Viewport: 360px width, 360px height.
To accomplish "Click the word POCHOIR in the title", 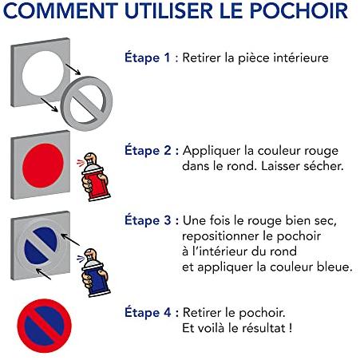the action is [x=299, y=10].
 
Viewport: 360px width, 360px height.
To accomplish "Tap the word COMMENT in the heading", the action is [x=61, y=10].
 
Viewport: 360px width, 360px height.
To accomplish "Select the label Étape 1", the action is [x=147, y=57].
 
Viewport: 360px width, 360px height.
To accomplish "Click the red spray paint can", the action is [x=95, y=177].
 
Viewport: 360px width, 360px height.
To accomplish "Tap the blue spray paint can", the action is [x=95, y=273].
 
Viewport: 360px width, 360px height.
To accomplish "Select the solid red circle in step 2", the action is [x=43, y=165].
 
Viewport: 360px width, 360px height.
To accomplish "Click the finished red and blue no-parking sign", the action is [x=45, y=326].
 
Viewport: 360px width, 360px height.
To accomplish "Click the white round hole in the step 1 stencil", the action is [x=43, y=73].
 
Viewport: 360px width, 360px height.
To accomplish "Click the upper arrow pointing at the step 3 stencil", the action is [x=70, y=239].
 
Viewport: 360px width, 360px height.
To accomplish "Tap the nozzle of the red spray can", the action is [x=89, y=156].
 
